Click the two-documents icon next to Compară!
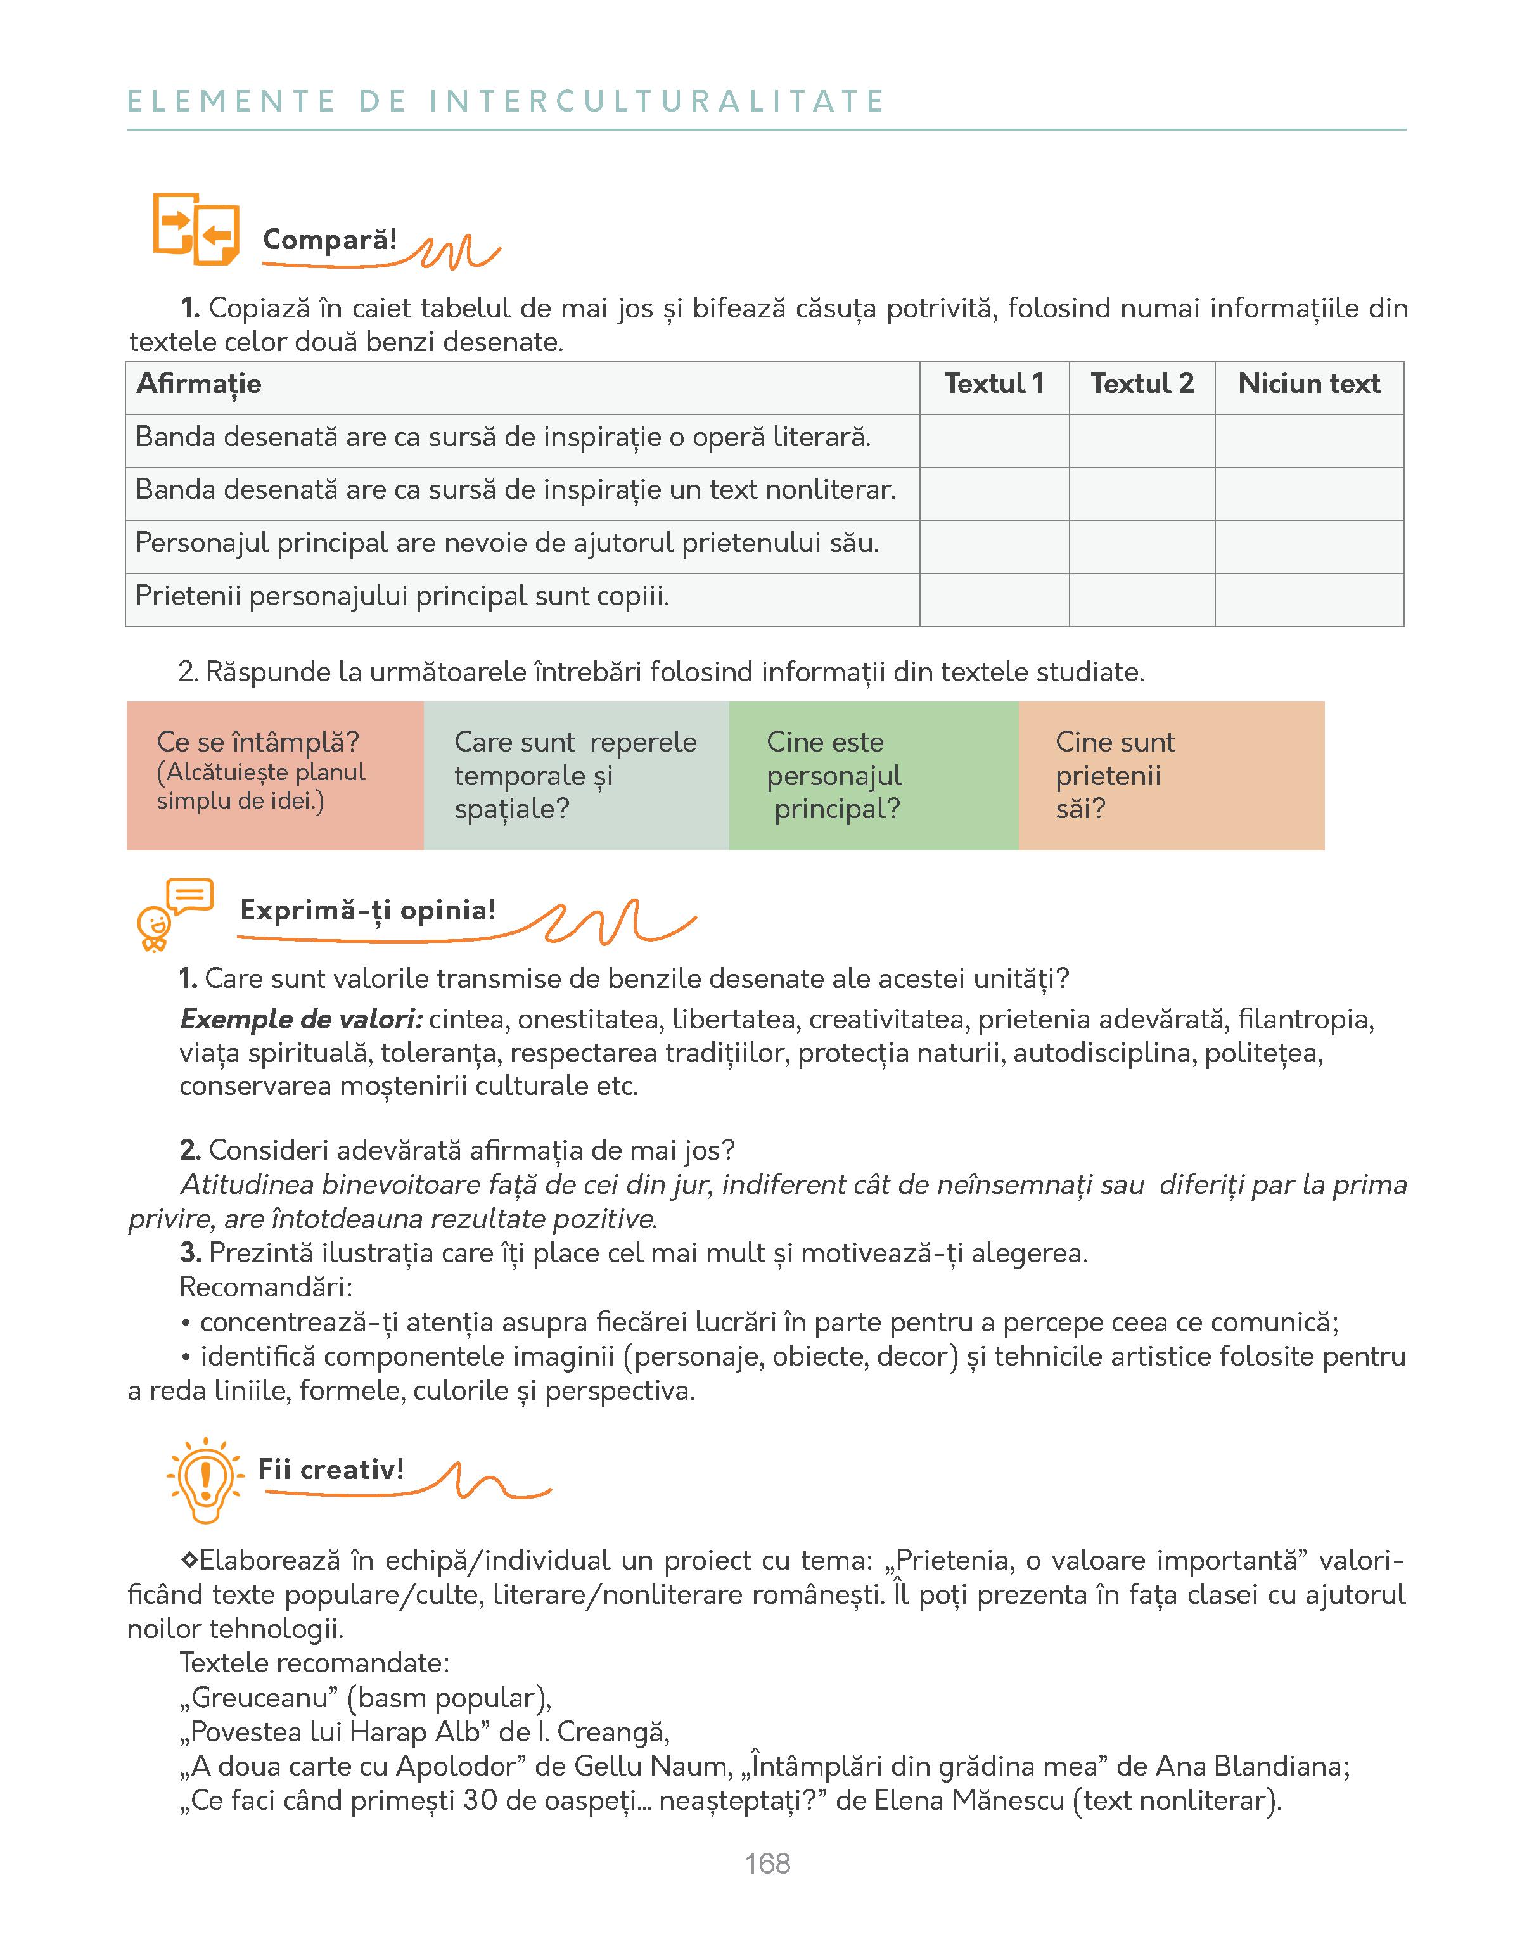(x=196, y=229)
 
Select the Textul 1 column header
(x=994, y=385)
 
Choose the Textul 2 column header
(x=1142, y=385)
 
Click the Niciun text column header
(x=1308, y=385)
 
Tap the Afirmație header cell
(x=200, y=385)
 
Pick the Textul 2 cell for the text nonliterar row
(x=1142, y=493)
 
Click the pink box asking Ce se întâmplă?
(x=275, y=775)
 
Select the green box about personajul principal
(x=873, y=775)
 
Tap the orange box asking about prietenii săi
(x=1170, y=775)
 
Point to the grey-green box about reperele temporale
(x=576, y=775)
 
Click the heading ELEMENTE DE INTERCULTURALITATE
(x=506, y=101)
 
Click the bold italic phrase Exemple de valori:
(x=301, y=1019)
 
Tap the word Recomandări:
(x=266, y=1287)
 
